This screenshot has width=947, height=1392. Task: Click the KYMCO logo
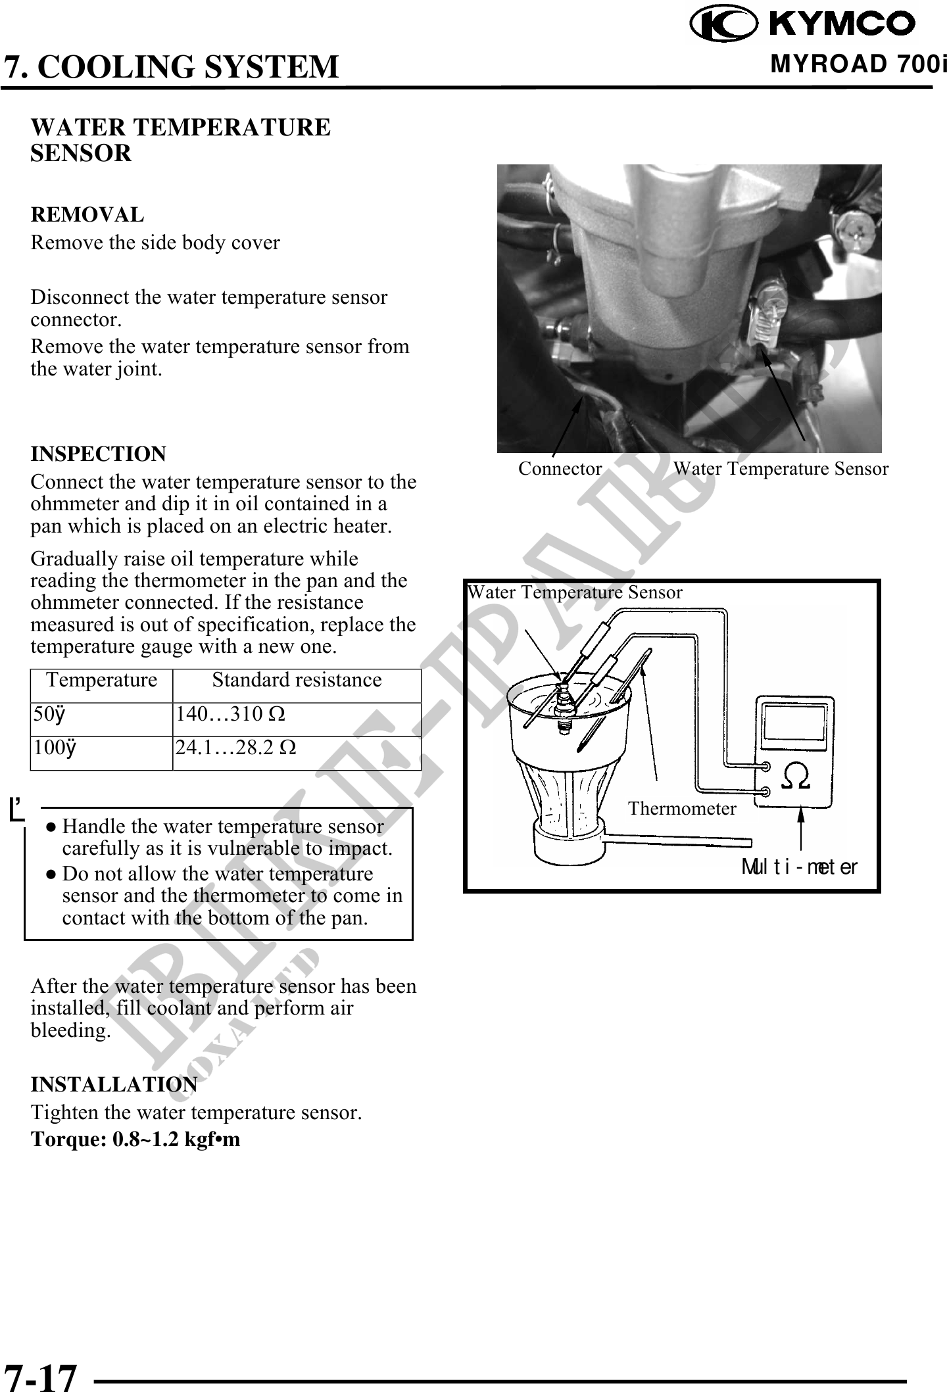click(x=803, y=24)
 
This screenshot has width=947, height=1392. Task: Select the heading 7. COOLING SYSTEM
click(x=171, y=67)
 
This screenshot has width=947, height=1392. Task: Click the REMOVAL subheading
click(x=87, y=215)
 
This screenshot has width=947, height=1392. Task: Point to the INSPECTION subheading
click(x=99, y=454)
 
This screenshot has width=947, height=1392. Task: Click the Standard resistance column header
click(x=297, y=680)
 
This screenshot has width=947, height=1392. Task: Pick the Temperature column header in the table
click(x=101, y=680)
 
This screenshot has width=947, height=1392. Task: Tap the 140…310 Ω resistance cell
click(x=230, y=713)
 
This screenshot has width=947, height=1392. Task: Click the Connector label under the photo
click(x=560, y=469)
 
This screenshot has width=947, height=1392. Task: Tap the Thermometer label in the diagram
click(x=682, y=808)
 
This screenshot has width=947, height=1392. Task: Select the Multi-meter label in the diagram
click(x=799, y=867)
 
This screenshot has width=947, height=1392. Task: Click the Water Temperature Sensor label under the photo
click(x=781, y=469)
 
